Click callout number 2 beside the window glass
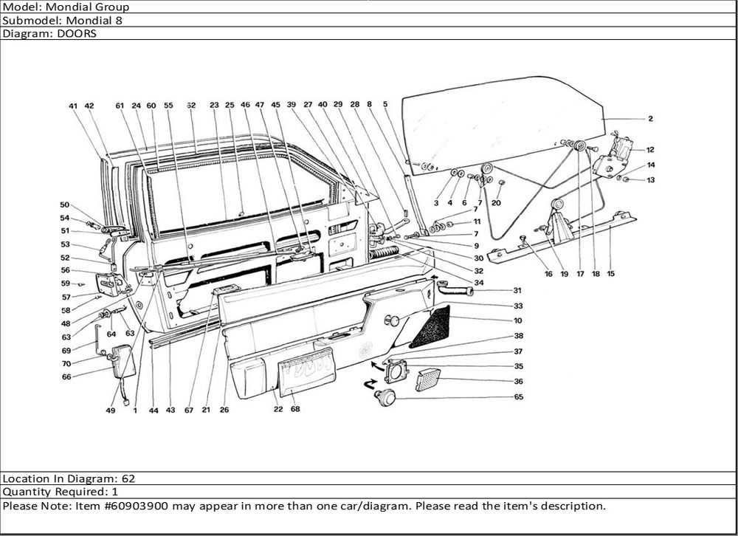[650, 118]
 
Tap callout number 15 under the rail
[610, 274]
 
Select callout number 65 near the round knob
[518, 397]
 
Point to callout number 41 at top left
[73, 106]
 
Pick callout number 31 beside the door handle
[517, 290]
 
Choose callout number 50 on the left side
[64, 205]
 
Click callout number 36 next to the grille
[518, 382]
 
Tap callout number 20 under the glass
[496, 202]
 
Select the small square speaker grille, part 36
[427, 380]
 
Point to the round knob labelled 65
[384, 398]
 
